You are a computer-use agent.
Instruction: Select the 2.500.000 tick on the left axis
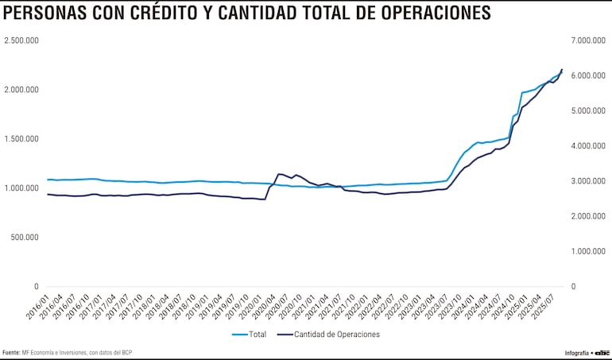click(22, 41)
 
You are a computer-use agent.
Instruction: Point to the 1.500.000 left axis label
click(22, 139)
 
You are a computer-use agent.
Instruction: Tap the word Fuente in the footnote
click(11, 352)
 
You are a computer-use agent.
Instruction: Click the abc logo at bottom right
click(602, 351)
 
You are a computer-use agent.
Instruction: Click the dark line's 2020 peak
click(279, 173)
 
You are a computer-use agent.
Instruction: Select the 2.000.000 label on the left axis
click(22, 90)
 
